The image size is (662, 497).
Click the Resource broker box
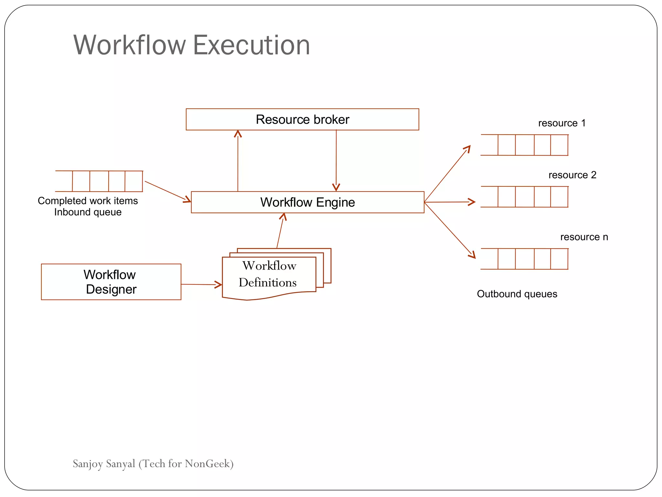pos(302,119)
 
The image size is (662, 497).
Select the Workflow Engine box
pos(307,202)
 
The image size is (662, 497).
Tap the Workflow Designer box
pos(111,282)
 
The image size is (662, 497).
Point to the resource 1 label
pos(562,123)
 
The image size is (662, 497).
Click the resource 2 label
pos(572,175)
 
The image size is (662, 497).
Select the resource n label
pos(584,237)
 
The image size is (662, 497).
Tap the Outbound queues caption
pos(517,294)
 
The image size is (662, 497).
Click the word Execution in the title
pos(251,45)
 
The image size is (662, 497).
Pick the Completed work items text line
pos(88,201)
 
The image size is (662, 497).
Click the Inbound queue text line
pos(88,212)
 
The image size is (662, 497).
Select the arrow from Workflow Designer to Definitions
pos(201,284)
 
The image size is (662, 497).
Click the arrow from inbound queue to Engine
pos(167,191)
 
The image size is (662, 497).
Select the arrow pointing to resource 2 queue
pos(449,202)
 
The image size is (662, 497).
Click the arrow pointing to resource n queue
pos(449,230)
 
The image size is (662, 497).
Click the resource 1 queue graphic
pos(524,145)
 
